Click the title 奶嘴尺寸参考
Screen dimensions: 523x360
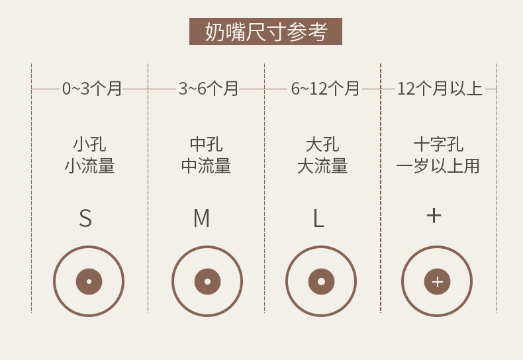265,32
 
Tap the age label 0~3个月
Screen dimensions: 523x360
92,89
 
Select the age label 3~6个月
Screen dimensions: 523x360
208,89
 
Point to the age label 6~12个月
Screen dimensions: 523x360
325,89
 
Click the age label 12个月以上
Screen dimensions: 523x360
440,89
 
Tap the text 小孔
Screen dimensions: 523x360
89,144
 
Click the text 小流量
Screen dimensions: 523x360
89,166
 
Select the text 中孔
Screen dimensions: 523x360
206,144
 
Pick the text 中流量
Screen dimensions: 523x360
206,166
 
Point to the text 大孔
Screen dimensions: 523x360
322,144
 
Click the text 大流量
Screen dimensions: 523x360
322,166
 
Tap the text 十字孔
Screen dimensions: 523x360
438,144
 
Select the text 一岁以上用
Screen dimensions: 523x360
438,166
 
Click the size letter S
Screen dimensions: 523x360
85,218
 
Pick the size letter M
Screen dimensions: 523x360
201,218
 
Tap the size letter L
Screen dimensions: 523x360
318,218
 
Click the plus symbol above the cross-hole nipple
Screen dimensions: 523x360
434,215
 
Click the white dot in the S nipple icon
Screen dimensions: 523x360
89,281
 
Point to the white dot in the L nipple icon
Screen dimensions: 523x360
321,281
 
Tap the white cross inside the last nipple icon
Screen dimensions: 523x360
437,282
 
